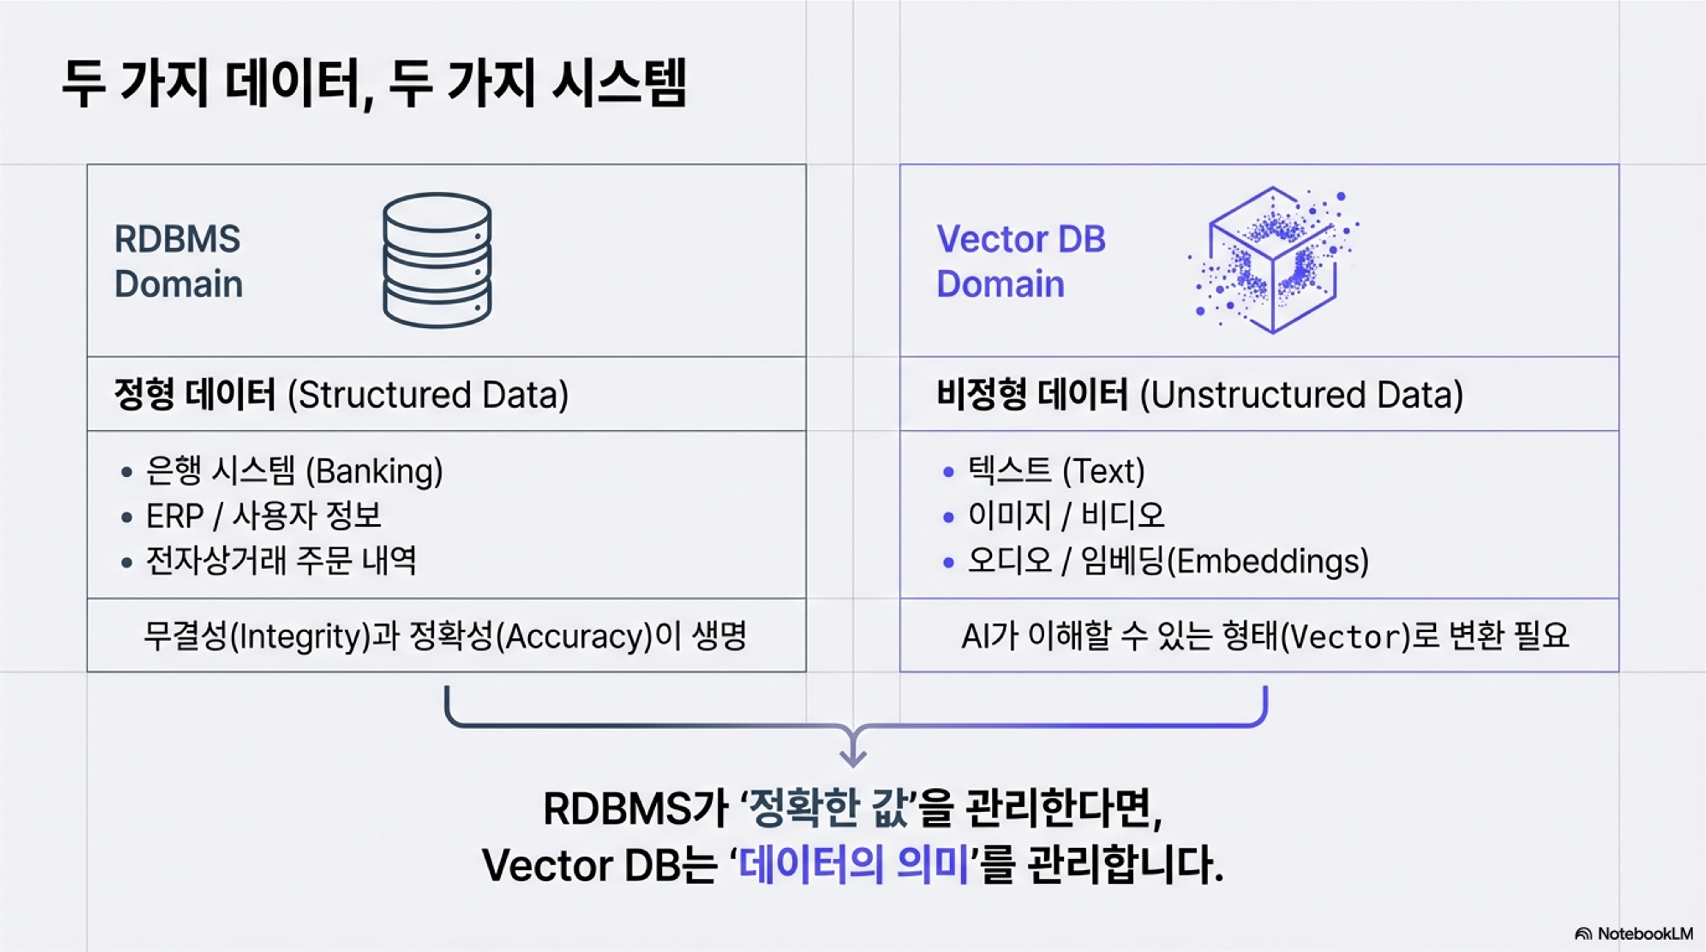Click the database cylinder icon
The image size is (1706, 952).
437,260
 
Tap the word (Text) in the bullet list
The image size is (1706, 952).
1103,471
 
